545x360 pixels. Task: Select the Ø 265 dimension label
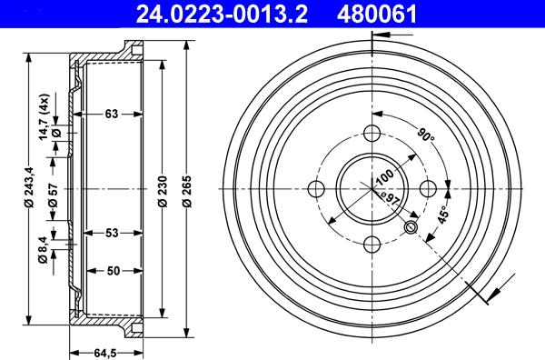(186, 191)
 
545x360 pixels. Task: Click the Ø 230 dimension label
(161, 191)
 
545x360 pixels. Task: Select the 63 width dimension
(111, 114)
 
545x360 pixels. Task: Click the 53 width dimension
(111, 234)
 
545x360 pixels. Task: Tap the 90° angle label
(426, 137)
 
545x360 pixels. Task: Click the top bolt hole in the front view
(373, 133)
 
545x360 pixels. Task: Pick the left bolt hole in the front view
(316, 189)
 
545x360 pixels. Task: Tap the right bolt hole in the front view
(430, 189)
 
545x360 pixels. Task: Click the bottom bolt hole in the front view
(373, 245)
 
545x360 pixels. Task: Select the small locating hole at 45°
(411, 227)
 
